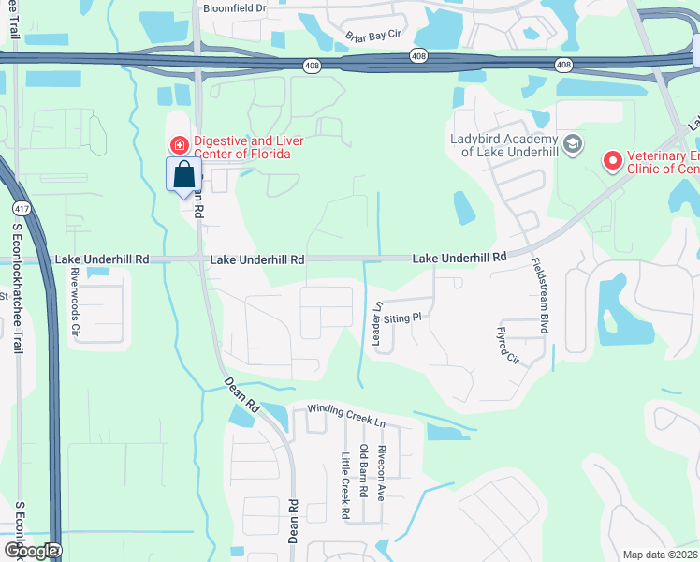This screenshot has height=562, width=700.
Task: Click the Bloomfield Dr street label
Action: (234, 7)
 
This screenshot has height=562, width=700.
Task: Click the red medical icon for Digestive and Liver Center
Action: (178, 144)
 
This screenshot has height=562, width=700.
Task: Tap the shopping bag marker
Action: (184, 174)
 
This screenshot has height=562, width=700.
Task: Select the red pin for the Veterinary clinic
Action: (612, 161)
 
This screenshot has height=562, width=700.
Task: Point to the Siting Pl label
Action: (403, 318)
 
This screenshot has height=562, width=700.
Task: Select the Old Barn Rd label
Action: (363, 472)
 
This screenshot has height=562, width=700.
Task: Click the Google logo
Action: (31, 551)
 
